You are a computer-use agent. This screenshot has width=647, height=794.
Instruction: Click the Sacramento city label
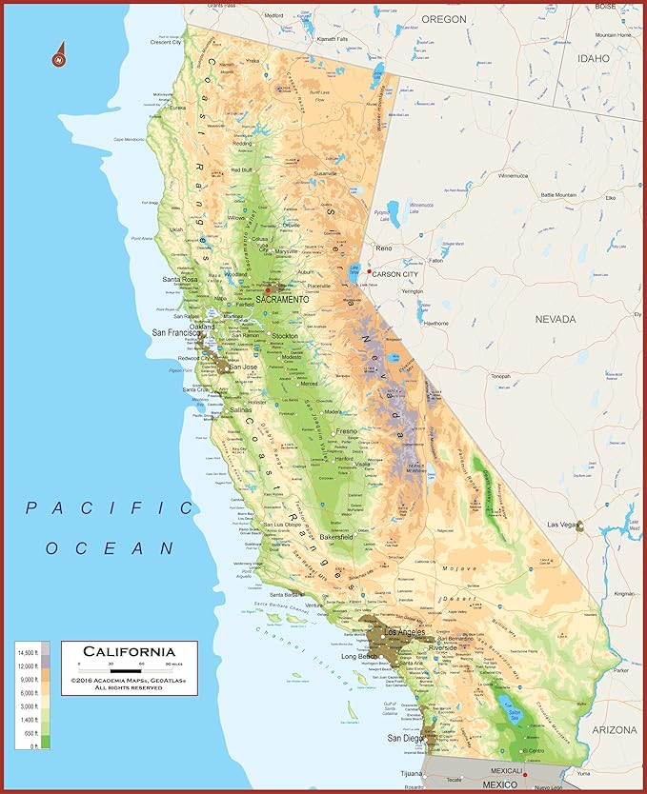(282, 299)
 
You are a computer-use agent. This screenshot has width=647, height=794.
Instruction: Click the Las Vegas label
(562, 525)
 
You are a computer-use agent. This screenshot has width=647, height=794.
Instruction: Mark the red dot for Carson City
(369, 272)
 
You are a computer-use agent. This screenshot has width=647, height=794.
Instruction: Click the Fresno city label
(346, 431)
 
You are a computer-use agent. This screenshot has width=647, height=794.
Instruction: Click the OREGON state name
(443, 19)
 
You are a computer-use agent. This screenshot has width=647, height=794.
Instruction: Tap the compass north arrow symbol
(60, 55)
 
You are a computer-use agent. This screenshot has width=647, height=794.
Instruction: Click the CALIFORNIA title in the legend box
(128, 651)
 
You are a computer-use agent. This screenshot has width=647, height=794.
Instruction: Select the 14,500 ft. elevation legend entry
(29, 652)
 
